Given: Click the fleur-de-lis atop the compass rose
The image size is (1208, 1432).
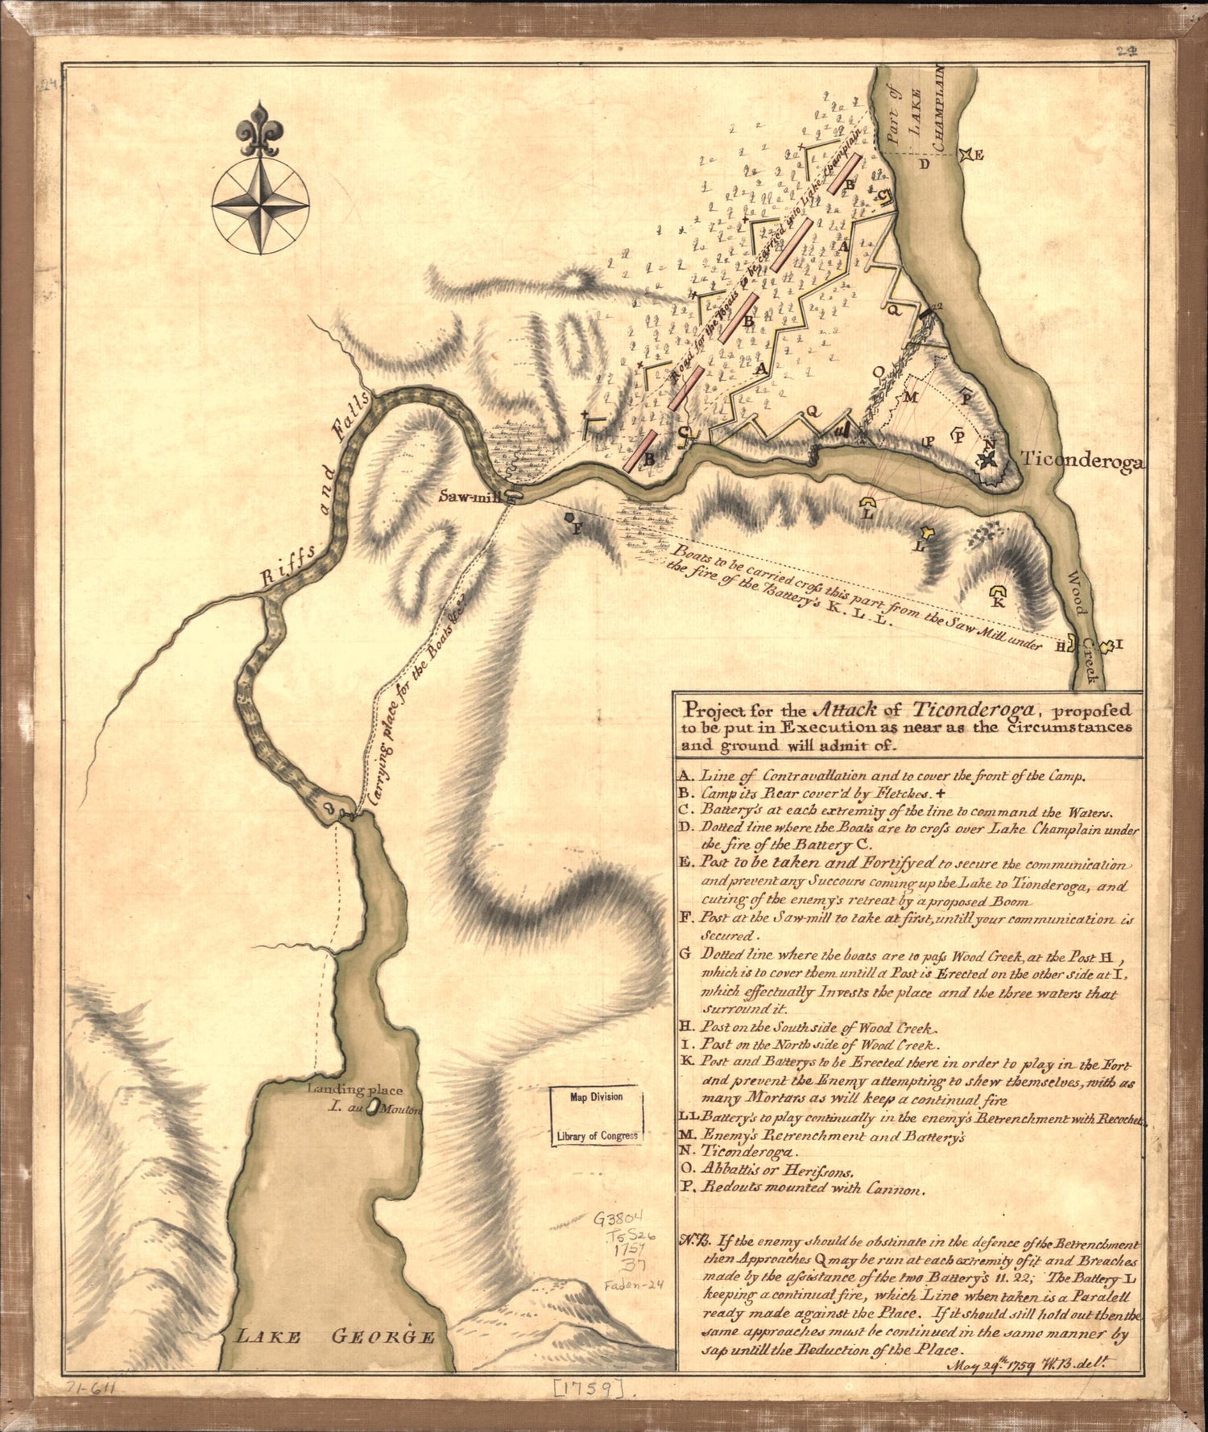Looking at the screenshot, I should pyautogui.click(x=259, y=130).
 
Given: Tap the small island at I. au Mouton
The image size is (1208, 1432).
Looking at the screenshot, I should pyautogui.click(x=373, y=1111).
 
